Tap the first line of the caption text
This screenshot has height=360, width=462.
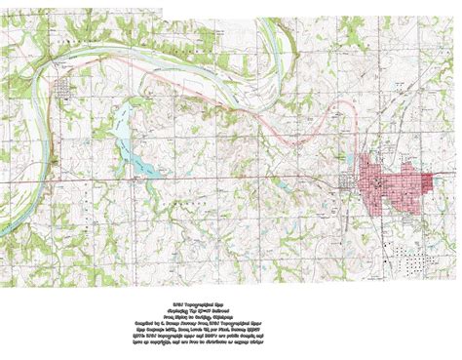tap(230, 291)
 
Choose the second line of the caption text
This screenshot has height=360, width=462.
tap(230, 298)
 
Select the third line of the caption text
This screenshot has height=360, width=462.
tap(230, 304)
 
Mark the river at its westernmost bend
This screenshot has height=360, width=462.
tap(31, 98)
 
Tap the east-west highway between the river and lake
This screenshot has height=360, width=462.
tap(78, 180)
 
